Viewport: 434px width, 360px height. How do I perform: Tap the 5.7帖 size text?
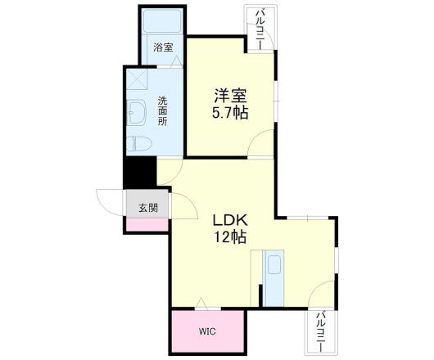point(230,113)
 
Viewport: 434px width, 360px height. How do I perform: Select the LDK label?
point(230,221)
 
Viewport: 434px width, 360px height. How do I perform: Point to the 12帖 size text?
point(230,238)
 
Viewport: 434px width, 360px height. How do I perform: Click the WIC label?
point(206,332)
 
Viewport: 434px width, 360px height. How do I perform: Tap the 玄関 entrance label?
point(147,206)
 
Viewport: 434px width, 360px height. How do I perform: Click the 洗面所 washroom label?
point(162,110)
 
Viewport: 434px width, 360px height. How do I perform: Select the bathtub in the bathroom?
point(162,22)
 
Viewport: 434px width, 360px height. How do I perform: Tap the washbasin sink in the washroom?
point(133,110)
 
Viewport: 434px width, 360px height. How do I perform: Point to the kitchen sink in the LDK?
point(274,265)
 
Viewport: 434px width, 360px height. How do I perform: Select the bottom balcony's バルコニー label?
point(322,331)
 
